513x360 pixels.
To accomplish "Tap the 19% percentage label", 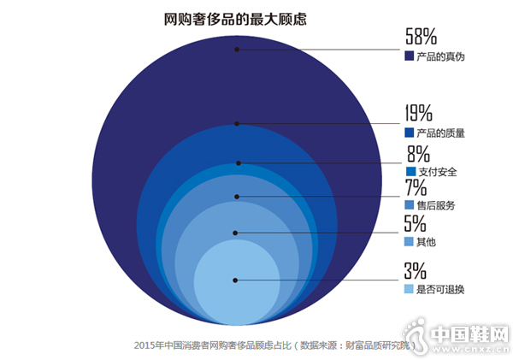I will [419, 113].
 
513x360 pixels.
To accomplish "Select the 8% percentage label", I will [417, 154].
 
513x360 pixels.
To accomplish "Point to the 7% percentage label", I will [416, 188].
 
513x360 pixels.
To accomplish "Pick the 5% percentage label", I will [416, 224].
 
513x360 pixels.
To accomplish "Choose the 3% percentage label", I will [416, 271].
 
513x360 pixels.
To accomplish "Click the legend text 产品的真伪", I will [440, 57].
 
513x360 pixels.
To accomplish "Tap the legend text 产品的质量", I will [440, 133].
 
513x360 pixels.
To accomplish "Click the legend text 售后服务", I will [435, 206].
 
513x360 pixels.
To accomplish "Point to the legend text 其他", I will [427, 243].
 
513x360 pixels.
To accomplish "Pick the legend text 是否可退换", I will [440, 290].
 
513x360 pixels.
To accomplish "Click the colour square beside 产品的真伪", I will [408, 57].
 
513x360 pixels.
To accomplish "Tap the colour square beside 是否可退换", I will [408, 290].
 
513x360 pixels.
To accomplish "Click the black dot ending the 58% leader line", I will [237, 50].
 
